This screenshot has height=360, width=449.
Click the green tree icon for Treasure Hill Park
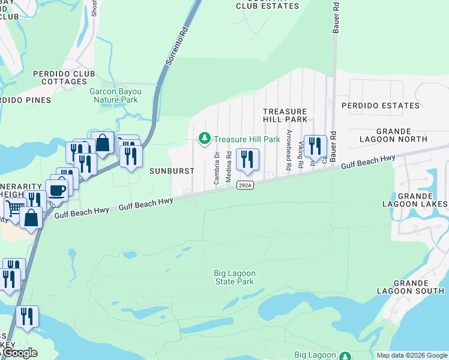click(205, 139)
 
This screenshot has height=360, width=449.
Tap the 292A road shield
click(244, 185)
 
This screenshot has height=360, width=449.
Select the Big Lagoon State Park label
click(235, 277)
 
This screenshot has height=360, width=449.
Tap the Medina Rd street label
click(229, 163)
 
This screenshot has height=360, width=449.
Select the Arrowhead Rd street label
click(289, 150)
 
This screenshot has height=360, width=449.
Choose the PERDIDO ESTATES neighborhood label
click(381, 106)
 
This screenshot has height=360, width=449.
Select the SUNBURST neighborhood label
click(172, 170)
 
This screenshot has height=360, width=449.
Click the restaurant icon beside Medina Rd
click(247, 159)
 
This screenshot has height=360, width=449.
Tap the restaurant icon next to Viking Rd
click(315, 146)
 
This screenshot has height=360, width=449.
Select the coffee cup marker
click(57, 190)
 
